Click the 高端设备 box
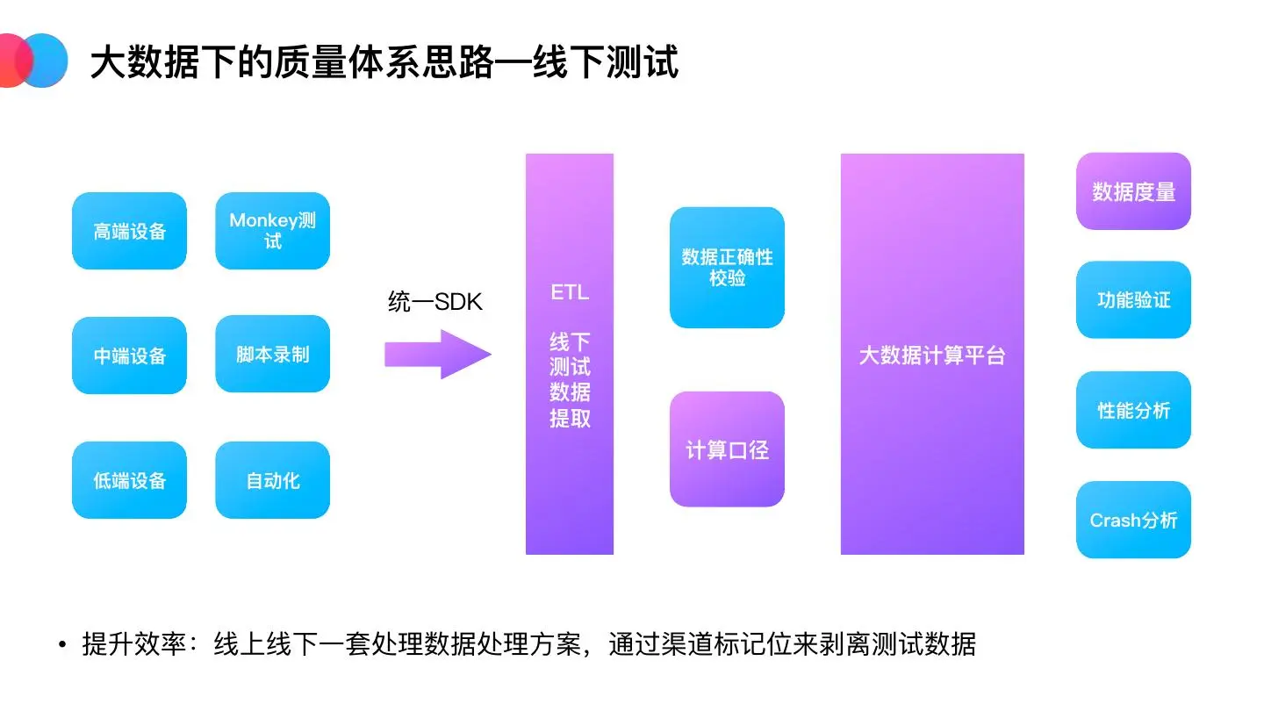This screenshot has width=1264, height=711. tap(129, 231)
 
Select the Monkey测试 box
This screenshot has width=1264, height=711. tap(272, 231)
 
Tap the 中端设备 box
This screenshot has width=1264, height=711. tap(129, 355)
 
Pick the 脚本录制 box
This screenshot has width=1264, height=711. tap(272, 355)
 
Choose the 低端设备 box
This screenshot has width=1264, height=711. tap(129, 480)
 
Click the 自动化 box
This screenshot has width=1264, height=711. tap(272, 480)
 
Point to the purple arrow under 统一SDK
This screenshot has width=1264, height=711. tap(437, 355)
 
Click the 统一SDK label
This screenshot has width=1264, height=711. tap(435, 302)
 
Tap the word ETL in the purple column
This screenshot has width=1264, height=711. tap(569, 292)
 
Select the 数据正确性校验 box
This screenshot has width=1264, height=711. tap(727, 268)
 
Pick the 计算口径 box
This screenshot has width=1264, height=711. tap(727, 449)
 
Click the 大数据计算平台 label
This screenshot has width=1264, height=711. tap(931, 355)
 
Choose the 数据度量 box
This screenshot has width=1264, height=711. tap(1133, 191)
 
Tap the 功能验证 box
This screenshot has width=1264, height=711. tap(1133, 300)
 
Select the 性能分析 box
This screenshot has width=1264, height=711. tap(1133, 410)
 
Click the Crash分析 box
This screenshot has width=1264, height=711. tap(1133, 520)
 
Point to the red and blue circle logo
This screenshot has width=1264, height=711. tap(32, 61)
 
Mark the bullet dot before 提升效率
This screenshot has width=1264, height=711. tap(62, 646)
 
